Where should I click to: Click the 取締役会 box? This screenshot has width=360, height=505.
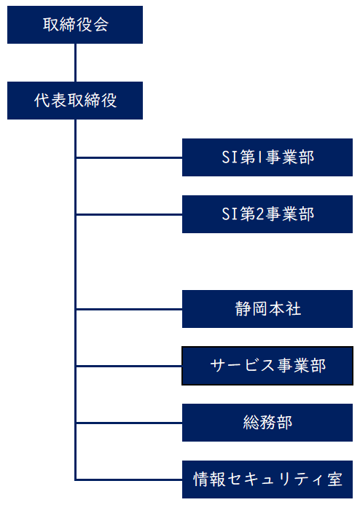click(75, 25)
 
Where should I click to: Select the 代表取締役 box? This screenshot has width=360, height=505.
click(75, 101)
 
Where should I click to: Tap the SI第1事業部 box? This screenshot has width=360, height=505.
click(267, 157)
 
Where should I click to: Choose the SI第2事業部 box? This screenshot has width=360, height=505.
click(267, 214)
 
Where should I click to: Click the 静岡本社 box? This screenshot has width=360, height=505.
click(267, 309)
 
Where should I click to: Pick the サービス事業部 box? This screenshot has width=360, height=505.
click(267, 366)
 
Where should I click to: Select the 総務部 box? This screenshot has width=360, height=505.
click(267, 423)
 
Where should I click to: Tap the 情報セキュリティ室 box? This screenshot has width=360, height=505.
click(267, 479)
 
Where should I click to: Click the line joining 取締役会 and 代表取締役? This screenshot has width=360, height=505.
click(75, 63)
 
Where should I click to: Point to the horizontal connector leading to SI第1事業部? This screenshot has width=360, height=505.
click(129, 158)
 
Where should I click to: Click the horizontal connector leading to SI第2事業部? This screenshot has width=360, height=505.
click(129, 214)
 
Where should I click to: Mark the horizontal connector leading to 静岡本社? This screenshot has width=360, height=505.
click(129, 309)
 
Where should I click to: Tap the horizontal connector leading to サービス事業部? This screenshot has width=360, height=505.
click(129, 367)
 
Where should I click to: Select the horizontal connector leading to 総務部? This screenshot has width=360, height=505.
click(129, 423)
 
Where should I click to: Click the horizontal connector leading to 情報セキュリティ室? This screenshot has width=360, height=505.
click(129, 480)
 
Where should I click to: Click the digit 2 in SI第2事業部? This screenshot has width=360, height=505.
click(259, 214)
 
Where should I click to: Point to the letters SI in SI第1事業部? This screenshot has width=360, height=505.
click(230, 157)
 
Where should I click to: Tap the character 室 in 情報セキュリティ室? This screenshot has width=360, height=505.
click(335, 479)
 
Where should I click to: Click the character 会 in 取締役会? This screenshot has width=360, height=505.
click(101, 25)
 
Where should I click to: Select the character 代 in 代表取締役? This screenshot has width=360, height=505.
click(42, 101)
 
